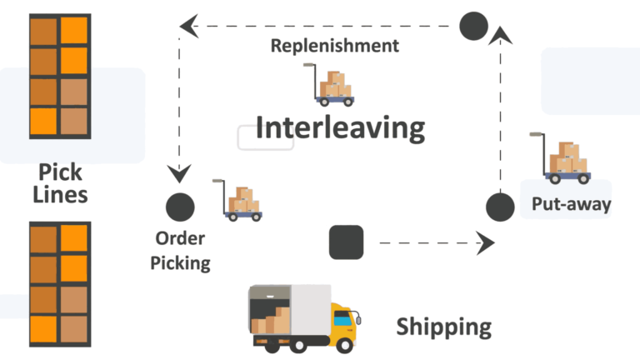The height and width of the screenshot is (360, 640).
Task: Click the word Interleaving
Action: [x=340, y=128]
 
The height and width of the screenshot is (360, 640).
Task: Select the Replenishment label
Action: [x=334, y=45]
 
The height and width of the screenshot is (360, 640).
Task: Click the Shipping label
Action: [x=443, y=326]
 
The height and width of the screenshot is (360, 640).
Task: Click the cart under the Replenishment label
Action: [x=332, y=87]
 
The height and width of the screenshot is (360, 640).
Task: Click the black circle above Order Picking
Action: [x=180, y=206]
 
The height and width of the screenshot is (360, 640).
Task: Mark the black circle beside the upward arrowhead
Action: [x=473, y=25]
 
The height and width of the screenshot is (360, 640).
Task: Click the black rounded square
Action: [x=346, y=242]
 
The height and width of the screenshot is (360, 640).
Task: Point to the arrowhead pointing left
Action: [x=189, y=26]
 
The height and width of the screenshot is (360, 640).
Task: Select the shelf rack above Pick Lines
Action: [x=59, y=76]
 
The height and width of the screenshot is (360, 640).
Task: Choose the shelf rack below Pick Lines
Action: [x=59, y=282]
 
